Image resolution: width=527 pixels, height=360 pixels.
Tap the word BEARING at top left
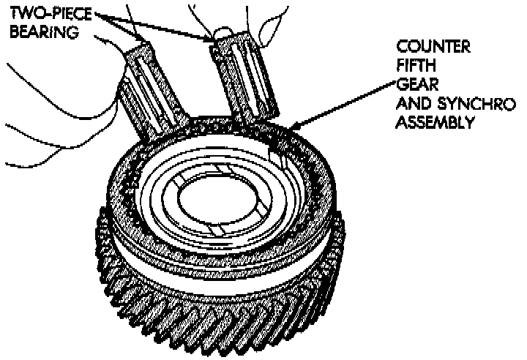34,34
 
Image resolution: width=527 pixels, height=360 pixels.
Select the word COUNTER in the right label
432,48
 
